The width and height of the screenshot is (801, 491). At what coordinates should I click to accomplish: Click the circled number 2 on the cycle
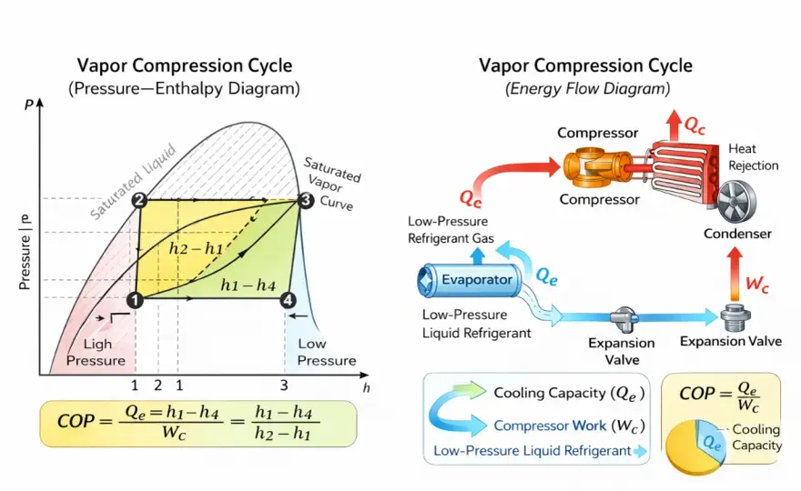click(139, 200)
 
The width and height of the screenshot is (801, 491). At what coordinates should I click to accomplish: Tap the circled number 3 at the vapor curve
click(306, 200)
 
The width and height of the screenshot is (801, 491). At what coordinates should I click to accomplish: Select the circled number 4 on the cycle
click(289, 300)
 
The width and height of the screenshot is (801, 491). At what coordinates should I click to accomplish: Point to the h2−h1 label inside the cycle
click(197, 248)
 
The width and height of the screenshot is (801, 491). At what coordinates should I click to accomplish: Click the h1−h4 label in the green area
click(248, 285)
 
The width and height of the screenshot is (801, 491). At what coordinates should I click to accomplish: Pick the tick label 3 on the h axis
click(284, 385)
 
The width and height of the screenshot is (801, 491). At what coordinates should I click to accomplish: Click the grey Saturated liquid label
click(133, 182)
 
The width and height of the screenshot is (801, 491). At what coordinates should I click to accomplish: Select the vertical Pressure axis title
click(25, 252)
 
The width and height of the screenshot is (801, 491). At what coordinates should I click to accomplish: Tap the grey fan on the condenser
click(736, 202)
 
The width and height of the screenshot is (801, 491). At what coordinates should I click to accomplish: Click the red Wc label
click(757, 284)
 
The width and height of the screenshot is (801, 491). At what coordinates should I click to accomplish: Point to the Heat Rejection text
click(753, 157)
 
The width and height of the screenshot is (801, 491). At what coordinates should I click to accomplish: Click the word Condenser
click(737, 234)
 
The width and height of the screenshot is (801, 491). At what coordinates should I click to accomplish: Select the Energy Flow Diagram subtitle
click(587, 89)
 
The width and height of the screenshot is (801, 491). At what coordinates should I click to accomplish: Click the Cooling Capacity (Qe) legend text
click(569, 393)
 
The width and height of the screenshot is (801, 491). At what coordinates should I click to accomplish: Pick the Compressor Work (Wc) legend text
click(569, 426)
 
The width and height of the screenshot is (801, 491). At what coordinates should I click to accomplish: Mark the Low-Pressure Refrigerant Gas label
click(451, 230)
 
